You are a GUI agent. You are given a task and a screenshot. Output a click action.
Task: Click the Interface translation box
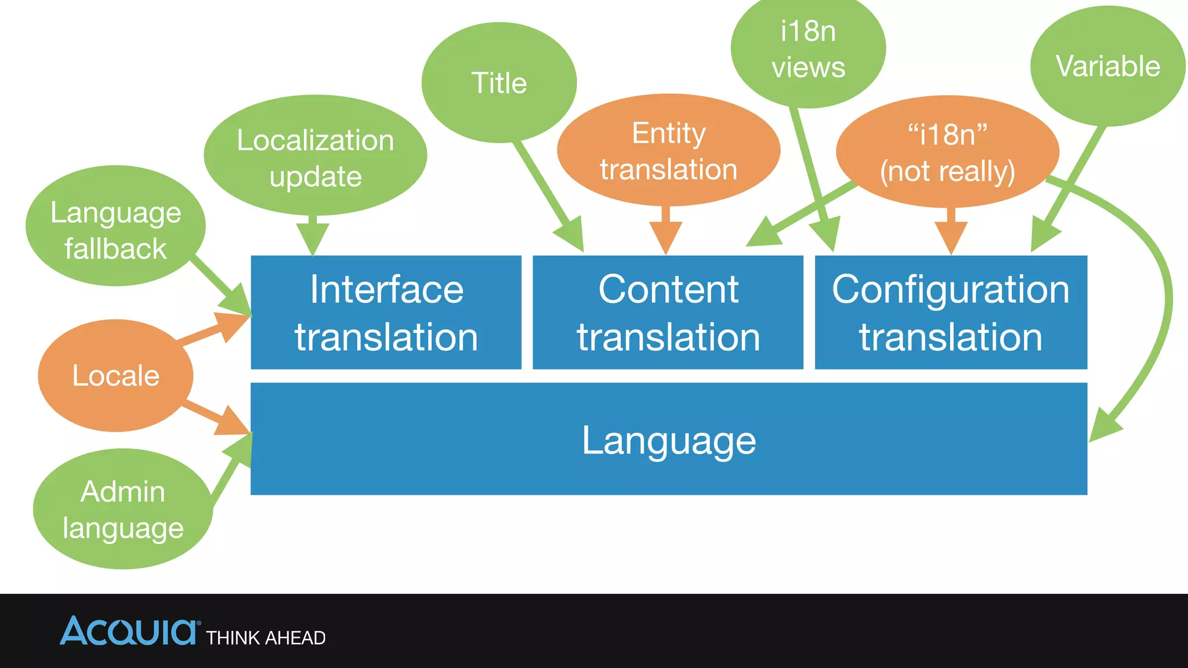[386, 313]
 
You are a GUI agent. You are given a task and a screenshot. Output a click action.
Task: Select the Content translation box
[668, 313]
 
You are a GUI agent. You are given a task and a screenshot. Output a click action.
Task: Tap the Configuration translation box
[951, 313]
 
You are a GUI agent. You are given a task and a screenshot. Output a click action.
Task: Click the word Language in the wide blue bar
[669, 441]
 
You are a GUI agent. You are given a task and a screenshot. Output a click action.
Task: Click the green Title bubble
[499, 83]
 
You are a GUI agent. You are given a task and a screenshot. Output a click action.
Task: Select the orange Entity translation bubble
[668, 151]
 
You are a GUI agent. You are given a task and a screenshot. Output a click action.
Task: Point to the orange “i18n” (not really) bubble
[947, 152]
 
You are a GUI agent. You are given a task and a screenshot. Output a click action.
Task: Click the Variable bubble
[1107, 66]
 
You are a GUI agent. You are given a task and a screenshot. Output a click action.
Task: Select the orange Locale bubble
[115, 376]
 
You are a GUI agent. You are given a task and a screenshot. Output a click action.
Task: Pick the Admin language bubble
[123, 509]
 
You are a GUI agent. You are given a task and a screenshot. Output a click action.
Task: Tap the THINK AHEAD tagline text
[266, 638]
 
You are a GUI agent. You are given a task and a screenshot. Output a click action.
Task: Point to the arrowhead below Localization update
[313, 238]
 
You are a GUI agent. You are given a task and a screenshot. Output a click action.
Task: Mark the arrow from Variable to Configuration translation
[1070, 186]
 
